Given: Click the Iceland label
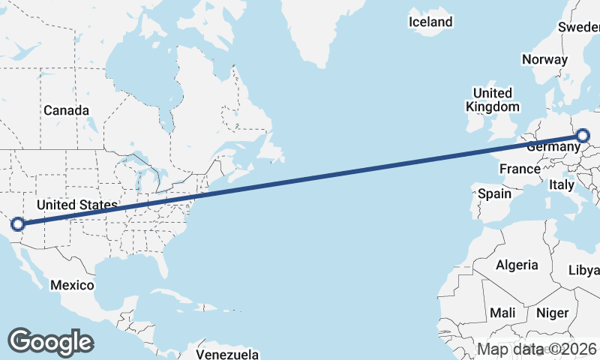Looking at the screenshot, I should coord(430,22).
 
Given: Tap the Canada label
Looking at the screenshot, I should coord(66,110).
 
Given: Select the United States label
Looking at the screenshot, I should coord(76,205).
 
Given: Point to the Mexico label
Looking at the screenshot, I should coord(72,285).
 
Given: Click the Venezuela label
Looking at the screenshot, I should coord(227,353).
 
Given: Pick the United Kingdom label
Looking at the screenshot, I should coord(492,100).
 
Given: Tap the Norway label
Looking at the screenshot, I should coord(544,59).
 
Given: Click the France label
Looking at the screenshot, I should coord(520,169).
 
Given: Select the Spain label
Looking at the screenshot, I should coord(495,193).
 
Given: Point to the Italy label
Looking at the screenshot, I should coord(562,184).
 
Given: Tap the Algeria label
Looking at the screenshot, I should coord(517,265).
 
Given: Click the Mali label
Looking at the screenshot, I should coord(502,312).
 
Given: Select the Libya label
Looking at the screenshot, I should coord(584,270).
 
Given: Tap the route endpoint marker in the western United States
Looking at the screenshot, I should coord(17,223).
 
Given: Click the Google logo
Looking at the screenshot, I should coord(50,341).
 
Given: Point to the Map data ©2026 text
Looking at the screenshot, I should coord(537,349).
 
